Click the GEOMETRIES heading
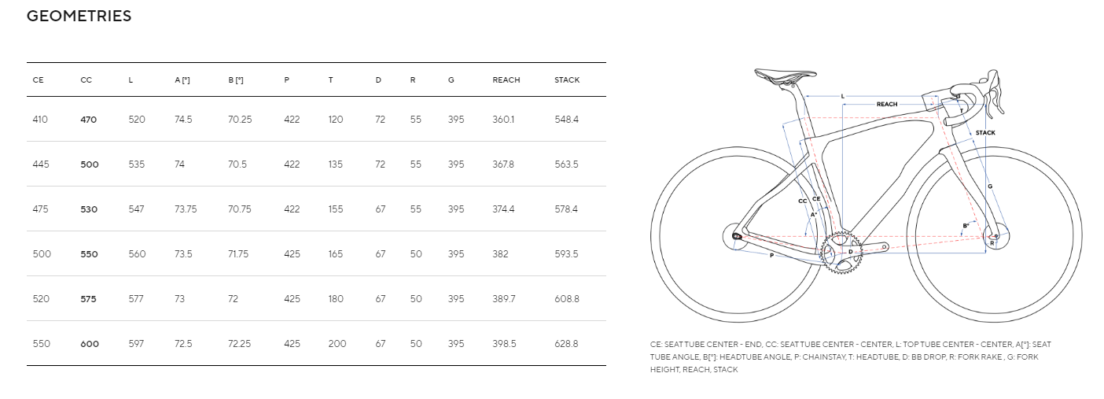(79, 16)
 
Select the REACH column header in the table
(506, 80)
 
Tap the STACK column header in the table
(567, 80)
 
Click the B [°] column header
(236, 80)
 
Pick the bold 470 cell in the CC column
(89, 120)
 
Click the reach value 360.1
(503, 120)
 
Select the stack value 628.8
(566, 344)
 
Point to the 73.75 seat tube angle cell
(186, 209)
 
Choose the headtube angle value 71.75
(238, 254)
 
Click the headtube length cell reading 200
(337, 344)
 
